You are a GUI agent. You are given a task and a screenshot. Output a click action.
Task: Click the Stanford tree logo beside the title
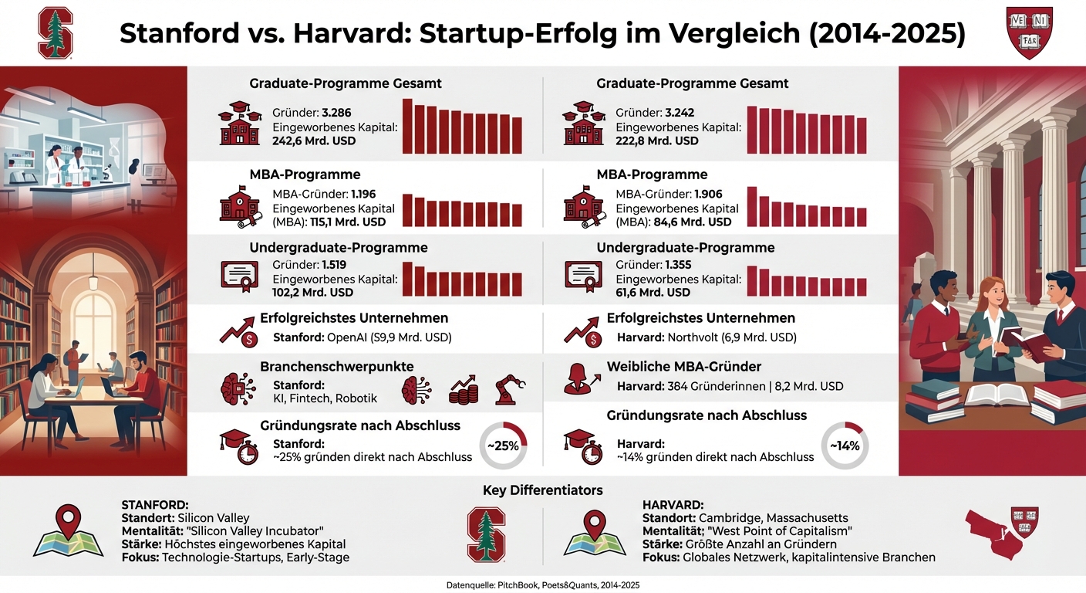point(56,32)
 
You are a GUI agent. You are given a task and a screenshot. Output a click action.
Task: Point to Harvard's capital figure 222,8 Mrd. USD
point(657,141)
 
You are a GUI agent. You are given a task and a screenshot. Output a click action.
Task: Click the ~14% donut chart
point(845,446)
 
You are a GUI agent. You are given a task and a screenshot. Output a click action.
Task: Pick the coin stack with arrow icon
point(463,390)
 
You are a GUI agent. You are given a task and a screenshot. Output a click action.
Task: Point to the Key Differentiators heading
point(542,490)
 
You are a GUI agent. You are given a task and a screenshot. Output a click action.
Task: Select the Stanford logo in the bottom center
point(487,534)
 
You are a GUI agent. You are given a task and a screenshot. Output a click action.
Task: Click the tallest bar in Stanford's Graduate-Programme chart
point(408,126)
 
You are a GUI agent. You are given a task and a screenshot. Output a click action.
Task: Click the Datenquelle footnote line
point(542,585)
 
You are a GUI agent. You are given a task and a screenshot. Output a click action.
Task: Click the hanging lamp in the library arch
point(93,280)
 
